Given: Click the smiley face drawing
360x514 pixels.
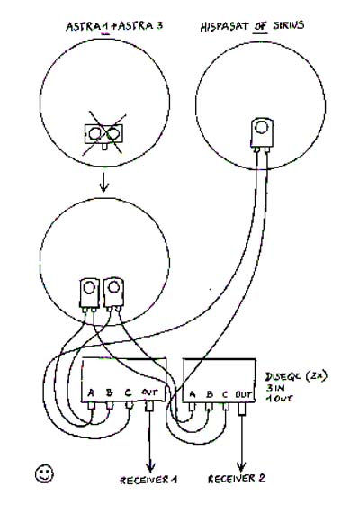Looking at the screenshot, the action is [44, 473].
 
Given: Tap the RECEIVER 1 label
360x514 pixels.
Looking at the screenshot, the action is [148, 480].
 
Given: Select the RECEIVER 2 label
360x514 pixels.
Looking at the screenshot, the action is [237, 479].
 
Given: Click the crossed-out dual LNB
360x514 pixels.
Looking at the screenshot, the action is [103, 134].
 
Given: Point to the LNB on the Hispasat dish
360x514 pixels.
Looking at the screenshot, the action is [262, 135].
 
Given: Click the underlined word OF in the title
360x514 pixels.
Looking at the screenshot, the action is [261, 26].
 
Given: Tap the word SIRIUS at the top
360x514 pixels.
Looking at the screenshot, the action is [289, 25].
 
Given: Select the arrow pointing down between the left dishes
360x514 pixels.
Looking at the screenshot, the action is [103, 183].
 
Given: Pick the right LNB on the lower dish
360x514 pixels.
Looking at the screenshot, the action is [113, 293].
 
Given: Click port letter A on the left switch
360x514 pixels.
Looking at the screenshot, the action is [91, 392].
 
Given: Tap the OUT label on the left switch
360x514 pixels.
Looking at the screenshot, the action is [149, 392].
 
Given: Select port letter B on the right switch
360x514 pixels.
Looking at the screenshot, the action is [210, 394].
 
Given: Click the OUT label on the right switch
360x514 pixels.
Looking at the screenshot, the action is [244, 394].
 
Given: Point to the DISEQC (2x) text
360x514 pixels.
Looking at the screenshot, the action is [296, 376].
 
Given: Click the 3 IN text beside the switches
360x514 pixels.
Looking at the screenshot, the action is [275, 388].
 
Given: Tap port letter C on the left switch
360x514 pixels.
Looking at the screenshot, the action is [128, 392].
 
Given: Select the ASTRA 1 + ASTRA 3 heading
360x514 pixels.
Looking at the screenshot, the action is [114, 26].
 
